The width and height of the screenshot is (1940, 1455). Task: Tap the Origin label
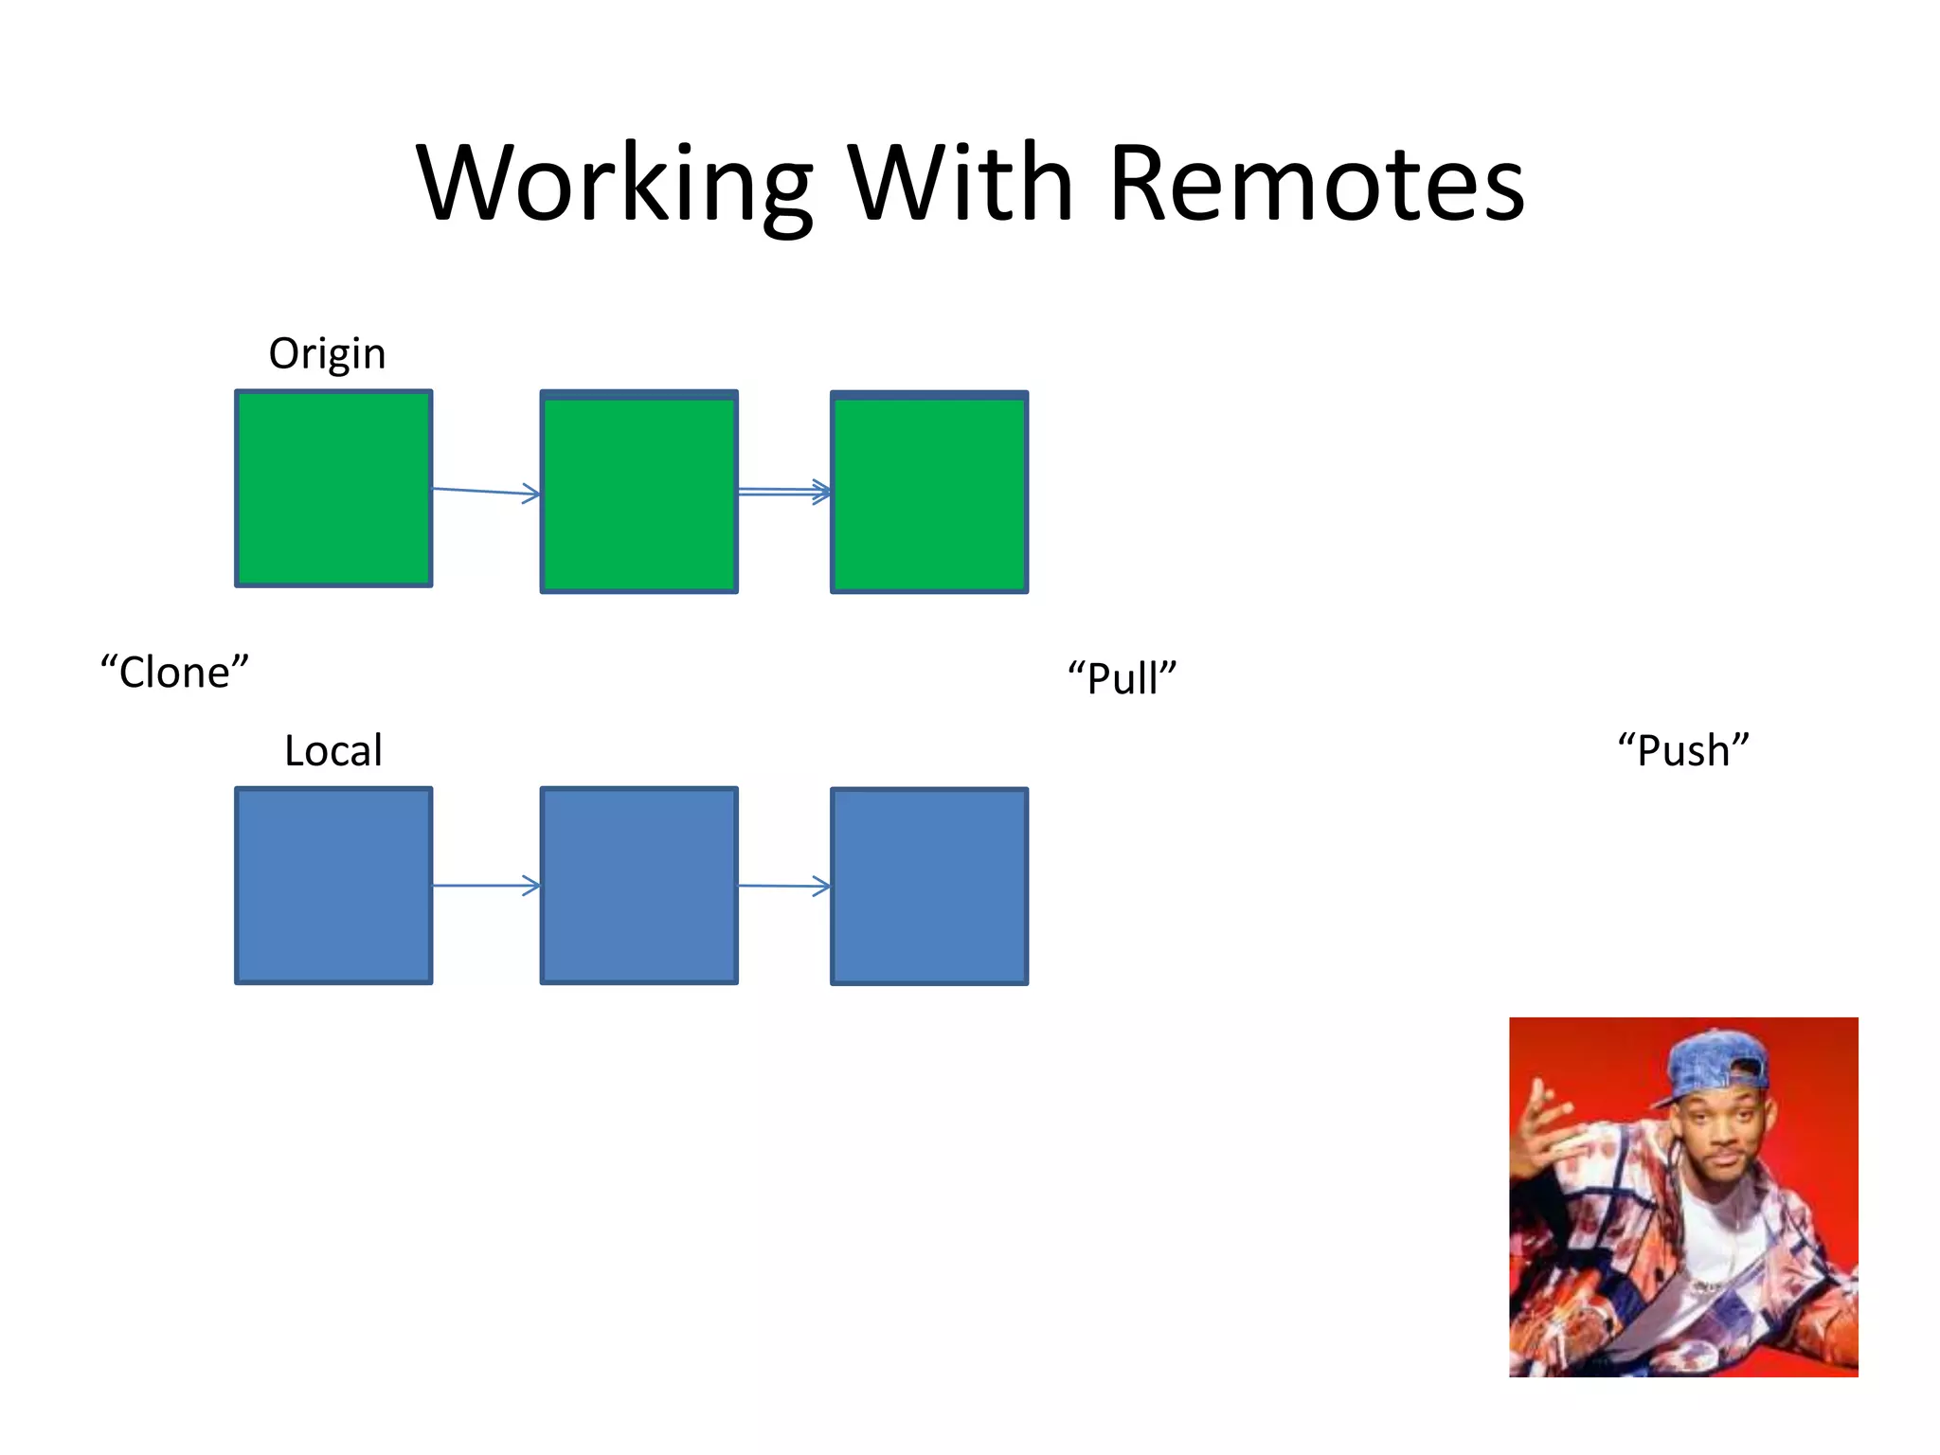point(327,354)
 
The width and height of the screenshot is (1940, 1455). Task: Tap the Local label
point(333,751)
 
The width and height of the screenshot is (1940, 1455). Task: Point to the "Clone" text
point(174,673)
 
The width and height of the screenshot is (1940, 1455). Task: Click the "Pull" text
point(1122,678)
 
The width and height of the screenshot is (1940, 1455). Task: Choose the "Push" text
point(1683,750)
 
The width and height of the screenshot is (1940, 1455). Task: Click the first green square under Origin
point(333,489)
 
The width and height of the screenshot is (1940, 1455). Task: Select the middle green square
point(638,493)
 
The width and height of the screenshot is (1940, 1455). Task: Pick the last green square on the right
point(929,493)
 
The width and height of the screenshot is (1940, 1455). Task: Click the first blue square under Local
point(333,886)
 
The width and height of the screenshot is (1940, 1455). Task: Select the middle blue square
point(638,886)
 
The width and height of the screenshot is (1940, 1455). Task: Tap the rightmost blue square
point(929,887)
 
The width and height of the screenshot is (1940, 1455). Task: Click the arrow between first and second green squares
point(486,491)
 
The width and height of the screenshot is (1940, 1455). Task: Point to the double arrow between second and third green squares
point(784,491)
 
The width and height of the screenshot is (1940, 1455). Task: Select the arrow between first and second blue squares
point(486,886)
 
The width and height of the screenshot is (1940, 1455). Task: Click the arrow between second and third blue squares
point(784,887)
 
